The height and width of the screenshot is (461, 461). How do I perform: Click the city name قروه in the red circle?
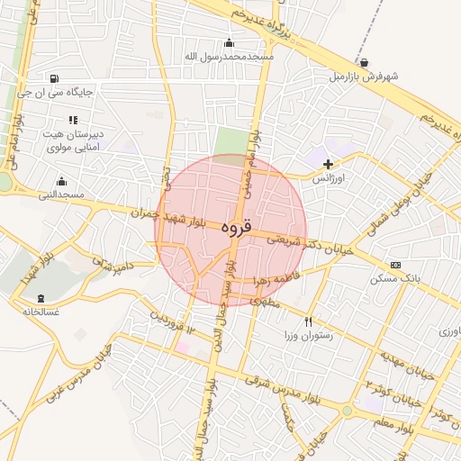click(x=231, y=228)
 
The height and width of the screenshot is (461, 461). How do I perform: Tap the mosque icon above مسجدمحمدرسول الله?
click(x=229, y=41)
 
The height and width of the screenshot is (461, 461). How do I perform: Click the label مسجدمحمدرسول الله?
click(x=229, y=56)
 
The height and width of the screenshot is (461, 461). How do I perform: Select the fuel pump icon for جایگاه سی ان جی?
click(x=56, y=78)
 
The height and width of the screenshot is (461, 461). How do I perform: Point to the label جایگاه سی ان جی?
click(x=56, y=92)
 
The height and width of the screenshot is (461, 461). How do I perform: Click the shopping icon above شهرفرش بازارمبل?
click(x=364, y=62)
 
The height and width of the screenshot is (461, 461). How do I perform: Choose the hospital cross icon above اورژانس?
click(x=329, y=164)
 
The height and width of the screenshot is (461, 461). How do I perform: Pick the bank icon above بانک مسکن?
click(x=395, y=265)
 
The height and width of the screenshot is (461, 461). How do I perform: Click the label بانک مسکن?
click(x=394, y=279)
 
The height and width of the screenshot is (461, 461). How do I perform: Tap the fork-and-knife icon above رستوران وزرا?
click(x=309, y=321)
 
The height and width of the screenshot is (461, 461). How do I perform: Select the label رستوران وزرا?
click(x=309, y=336)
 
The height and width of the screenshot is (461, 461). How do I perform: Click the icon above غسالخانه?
click(x=40, y=297)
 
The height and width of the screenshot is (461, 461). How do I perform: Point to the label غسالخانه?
click(x=41, y=312)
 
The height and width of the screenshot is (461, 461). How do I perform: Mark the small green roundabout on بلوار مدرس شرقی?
click(x=348, y=411)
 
